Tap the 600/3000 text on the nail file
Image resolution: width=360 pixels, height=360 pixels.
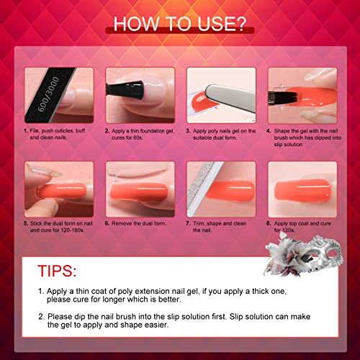pos(48,94)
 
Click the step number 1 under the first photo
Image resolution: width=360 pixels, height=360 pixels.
pos(26,131)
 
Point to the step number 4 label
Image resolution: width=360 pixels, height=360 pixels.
pos(269,131)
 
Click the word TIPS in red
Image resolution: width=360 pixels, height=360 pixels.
pos(57,271)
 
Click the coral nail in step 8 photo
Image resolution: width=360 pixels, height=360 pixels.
pos(303,191)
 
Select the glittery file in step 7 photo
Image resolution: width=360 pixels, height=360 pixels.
pos(204,189)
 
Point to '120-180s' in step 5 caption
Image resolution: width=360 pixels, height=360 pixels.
pos(72,230)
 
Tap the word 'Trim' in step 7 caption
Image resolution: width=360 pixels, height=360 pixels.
pos(199,223)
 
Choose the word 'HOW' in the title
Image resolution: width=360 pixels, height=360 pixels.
pos(135,24)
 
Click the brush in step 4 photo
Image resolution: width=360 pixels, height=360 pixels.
pos(283,98)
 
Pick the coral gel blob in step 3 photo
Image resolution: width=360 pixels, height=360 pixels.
pos(201,101)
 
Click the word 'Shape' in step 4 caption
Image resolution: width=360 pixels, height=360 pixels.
pos(282,131)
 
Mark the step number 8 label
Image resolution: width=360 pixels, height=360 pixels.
pos(269,223)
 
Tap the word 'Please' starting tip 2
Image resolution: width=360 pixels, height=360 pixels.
pos(60,317)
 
